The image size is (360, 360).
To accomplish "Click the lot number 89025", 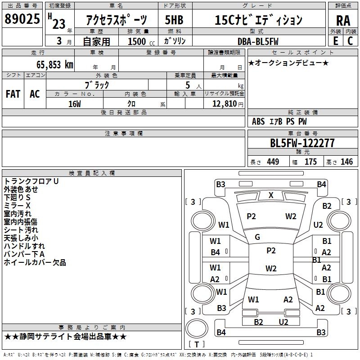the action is (22, 19).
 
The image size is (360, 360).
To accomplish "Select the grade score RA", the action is (343, 21).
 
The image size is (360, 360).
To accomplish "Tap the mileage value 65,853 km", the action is (55, 65).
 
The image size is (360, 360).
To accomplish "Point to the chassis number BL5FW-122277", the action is (302, 143).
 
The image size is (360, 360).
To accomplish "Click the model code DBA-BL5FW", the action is (258, 41).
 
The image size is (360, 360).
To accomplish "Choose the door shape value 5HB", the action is (174, 20).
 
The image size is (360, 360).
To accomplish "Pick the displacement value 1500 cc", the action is (141, 41).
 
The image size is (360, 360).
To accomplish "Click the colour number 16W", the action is (75, 104).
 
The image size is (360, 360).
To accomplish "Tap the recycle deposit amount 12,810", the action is (225, 104).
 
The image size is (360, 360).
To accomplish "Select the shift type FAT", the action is (13, 94).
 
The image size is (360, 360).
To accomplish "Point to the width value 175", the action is (310, 162).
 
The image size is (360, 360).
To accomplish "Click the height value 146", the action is (346, 162).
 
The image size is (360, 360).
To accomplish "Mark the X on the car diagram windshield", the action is (271, 195).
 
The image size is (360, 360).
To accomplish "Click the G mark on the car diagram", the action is (257, 237).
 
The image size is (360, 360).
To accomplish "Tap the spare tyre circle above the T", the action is (197, 328).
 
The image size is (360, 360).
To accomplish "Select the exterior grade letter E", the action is (335, 41).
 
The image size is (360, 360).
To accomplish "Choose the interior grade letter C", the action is (350, 41).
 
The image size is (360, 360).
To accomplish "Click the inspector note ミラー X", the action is (17, 206).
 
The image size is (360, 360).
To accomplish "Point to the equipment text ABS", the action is (258, 121).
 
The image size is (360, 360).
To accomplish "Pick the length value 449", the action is (273, 162).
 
